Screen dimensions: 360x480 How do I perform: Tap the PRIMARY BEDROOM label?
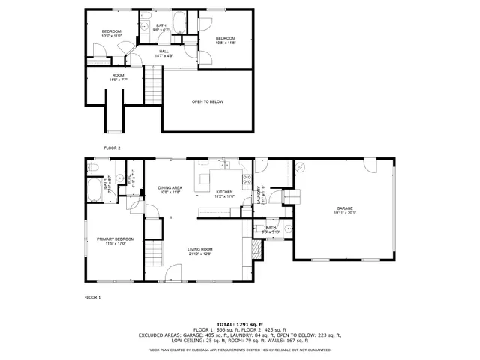[109, 241]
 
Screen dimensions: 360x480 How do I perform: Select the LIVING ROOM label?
[201, 251]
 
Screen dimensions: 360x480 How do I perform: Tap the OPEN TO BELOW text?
[208, 102]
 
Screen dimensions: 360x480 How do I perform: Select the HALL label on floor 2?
[163, 53]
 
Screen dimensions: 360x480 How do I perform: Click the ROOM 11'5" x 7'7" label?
[118, 76]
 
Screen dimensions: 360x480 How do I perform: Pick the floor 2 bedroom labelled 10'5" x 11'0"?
[111, 33]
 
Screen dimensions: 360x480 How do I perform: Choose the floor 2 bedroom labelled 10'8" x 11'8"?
[226, 40]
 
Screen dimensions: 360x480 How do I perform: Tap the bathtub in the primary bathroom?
[96, 191]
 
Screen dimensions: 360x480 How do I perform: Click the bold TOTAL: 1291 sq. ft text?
[239, 323]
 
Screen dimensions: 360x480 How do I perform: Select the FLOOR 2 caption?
[112, 148]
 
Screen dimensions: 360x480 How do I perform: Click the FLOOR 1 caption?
[92, 298]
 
